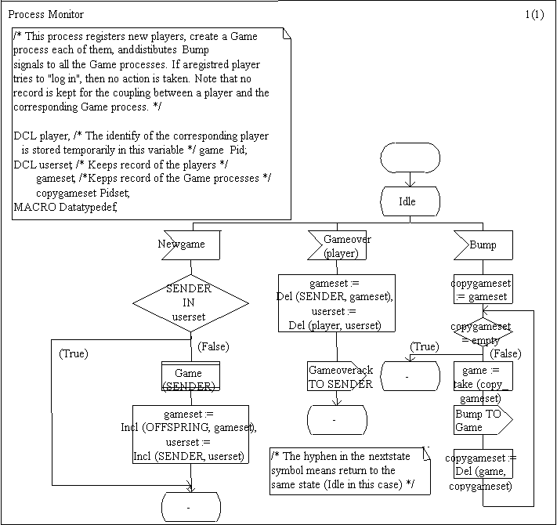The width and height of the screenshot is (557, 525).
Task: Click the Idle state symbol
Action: (407, 201)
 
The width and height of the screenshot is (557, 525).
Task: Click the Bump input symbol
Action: (483, 245)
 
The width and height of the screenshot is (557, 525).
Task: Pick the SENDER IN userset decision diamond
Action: (190, 302)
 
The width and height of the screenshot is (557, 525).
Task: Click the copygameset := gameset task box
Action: (483, 288)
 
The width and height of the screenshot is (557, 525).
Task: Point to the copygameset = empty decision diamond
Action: (483, 331)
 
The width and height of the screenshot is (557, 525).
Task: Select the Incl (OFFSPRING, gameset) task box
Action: (190, 434)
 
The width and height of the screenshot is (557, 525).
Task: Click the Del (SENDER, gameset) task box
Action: (338, 303)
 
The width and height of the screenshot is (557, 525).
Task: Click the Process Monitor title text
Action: (46, 14)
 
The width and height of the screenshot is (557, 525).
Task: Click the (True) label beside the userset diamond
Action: (74, 354)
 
